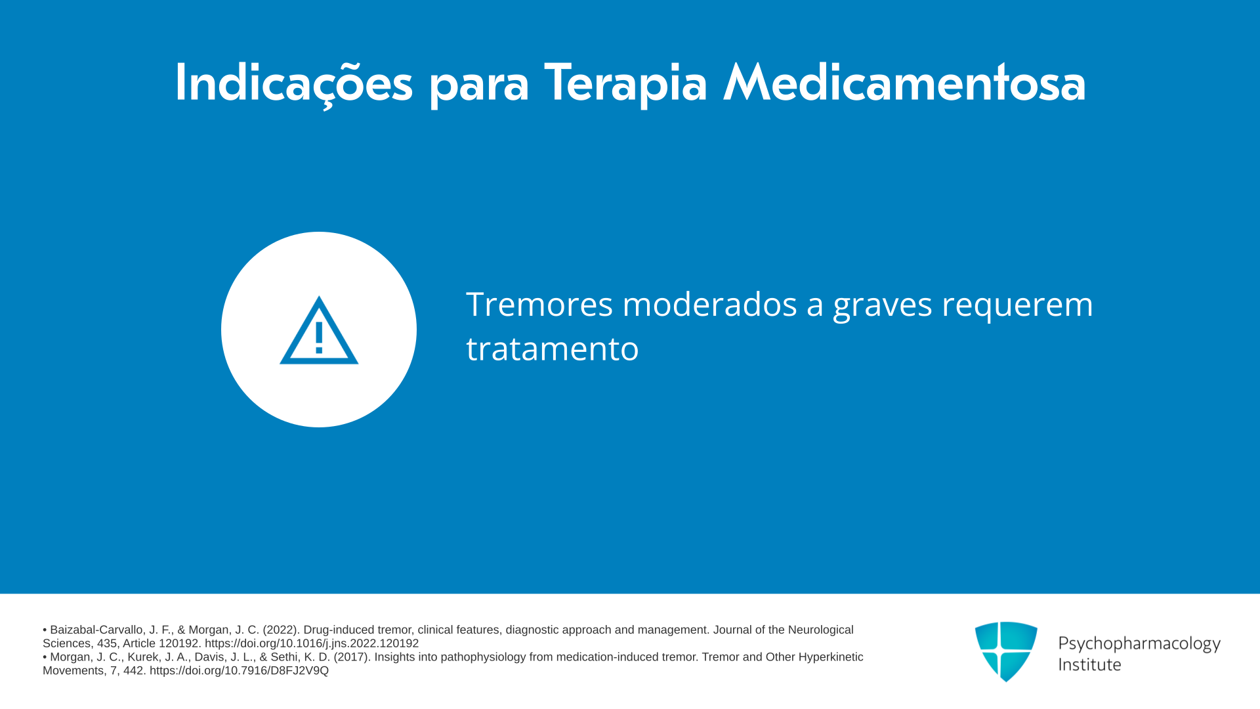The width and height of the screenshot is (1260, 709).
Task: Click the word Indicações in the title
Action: tap(294, 84)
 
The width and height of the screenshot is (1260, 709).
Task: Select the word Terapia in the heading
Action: tap(625, 84)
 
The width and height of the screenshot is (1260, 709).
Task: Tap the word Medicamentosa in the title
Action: tap(904, 83)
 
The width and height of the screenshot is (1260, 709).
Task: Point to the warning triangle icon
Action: tap(319, 330)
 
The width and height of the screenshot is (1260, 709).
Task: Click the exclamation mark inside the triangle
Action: tap(319, 337)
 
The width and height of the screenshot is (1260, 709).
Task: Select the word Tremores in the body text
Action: tap(539, 304)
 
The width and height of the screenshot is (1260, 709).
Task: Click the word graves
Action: tap(882, 307)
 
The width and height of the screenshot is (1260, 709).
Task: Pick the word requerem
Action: tap(1017, 307)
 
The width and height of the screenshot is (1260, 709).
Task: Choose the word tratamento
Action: tap(552, 349)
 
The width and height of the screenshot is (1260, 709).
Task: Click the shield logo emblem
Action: tap(1006, 651)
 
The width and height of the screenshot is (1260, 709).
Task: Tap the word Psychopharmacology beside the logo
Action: tap(1139, 643)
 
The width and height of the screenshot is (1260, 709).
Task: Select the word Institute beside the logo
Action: tap(1089, 664)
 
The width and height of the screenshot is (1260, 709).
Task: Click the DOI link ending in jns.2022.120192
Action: tap(312, 643)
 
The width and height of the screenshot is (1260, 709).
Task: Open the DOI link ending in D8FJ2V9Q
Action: tap(239, 671)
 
